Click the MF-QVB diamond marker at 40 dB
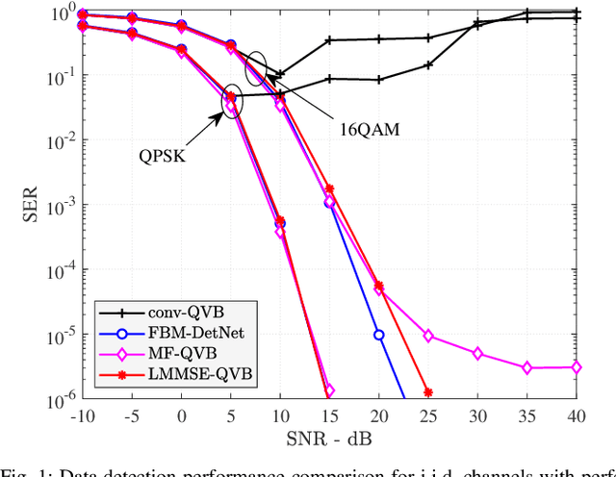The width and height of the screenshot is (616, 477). (576, 366)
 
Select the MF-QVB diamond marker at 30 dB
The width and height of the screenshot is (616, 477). (477, 354)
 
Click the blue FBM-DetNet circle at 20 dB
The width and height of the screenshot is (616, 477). (379, 335)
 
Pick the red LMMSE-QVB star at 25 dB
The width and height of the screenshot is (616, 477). (428, 391)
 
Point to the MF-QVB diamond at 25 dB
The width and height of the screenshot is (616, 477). (428, 336)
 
